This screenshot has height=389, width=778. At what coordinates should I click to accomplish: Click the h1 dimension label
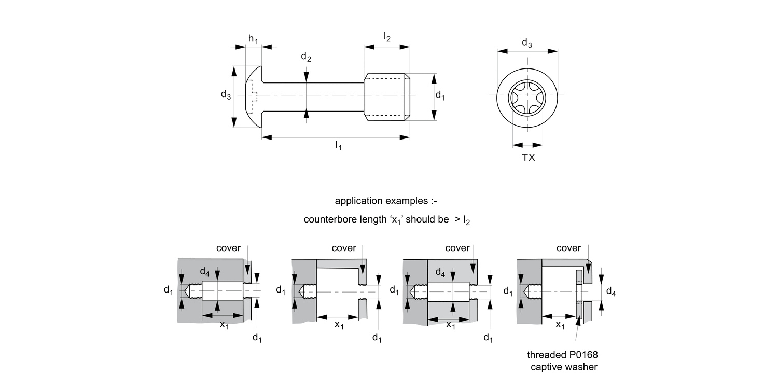coord(253,39)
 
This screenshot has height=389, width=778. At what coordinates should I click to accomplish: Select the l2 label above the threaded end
coord(387,36)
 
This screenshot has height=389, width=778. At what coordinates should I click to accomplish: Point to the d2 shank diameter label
coord(306,58)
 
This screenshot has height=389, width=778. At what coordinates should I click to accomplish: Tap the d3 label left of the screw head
coord(226,94)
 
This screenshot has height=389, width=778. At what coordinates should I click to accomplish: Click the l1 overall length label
coord(338,146)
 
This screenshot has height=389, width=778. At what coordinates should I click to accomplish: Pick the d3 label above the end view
coord(526,43)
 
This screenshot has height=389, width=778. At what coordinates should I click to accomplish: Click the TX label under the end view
coord(528,157)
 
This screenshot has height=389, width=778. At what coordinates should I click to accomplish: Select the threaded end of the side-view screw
coord(387,96)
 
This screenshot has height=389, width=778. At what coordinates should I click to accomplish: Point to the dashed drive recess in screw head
coord(254,96)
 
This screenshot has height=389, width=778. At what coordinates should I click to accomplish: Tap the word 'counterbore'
coord(328,219)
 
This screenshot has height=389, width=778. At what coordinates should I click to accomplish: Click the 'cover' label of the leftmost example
coord(229,248)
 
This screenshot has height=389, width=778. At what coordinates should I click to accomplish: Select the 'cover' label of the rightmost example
coord(568,248)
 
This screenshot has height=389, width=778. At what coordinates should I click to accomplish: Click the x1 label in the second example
coord(339,325)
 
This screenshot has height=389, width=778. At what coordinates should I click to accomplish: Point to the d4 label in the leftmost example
coord(205,272)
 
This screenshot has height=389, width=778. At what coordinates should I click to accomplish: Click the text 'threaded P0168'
coord(559,355)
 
